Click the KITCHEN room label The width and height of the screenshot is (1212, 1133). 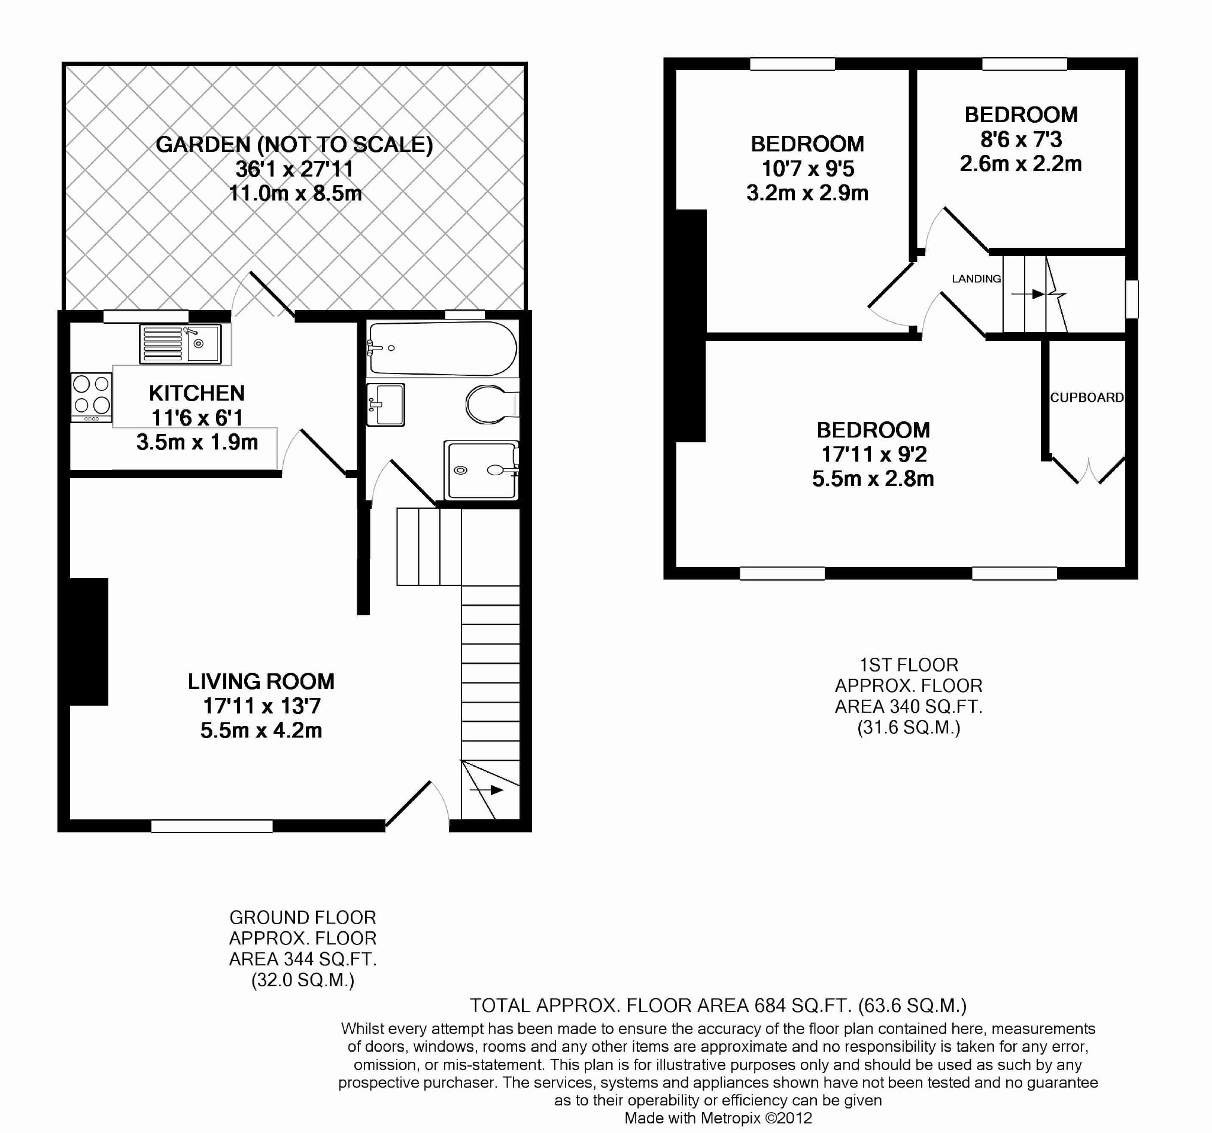click(x=196, y=393)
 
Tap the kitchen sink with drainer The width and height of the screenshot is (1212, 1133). click(x=181, y=344)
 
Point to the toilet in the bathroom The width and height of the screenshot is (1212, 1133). click(x=490, y=403)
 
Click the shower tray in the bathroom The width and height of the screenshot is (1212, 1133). click(x=481, y=470)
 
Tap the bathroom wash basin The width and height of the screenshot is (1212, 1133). click(x=385, y=403)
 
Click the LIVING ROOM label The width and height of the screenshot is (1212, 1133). click(x=261, y=681)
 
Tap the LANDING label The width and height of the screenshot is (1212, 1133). click(x=976, y=279)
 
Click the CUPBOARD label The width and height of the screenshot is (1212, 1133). click(x=1086, y=397)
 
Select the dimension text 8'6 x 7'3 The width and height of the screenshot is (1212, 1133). click(x=1020, y=139)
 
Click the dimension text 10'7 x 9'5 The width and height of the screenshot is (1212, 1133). click(x=807, y=168)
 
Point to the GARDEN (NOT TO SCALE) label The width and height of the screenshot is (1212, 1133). click(x=294, y=144)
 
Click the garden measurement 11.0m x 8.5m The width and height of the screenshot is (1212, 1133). click(x=295, y=193)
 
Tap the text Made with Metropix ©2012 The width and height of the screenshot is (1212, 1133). click(x=718, y=1118)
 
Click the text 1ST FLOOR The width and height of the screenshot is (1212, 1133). click(x=909, y=665)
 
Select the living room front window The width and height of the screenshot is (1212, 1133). click(x=211, y=826)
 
